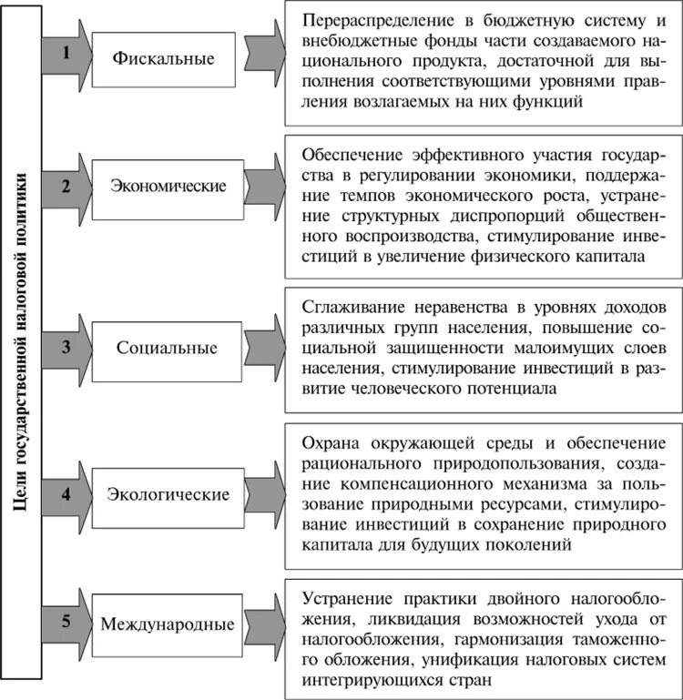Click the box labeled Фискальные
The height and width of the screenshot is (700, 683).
(x=164, y=60)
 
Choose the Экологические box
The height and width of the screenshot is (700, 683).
(x=168, y=496)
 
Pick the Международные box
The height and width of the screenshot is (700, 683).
(x=168, y=625)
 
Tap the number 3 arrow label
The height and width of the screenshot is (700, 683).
(x=66, y=347)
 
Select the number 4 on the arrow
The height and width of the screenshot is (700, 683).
(x=66, y=495)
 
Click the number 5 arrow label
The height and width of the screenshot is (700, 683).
(x=66, y=623)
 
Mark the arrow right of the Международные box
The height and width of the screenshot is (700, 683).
(x=264, y=625)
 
